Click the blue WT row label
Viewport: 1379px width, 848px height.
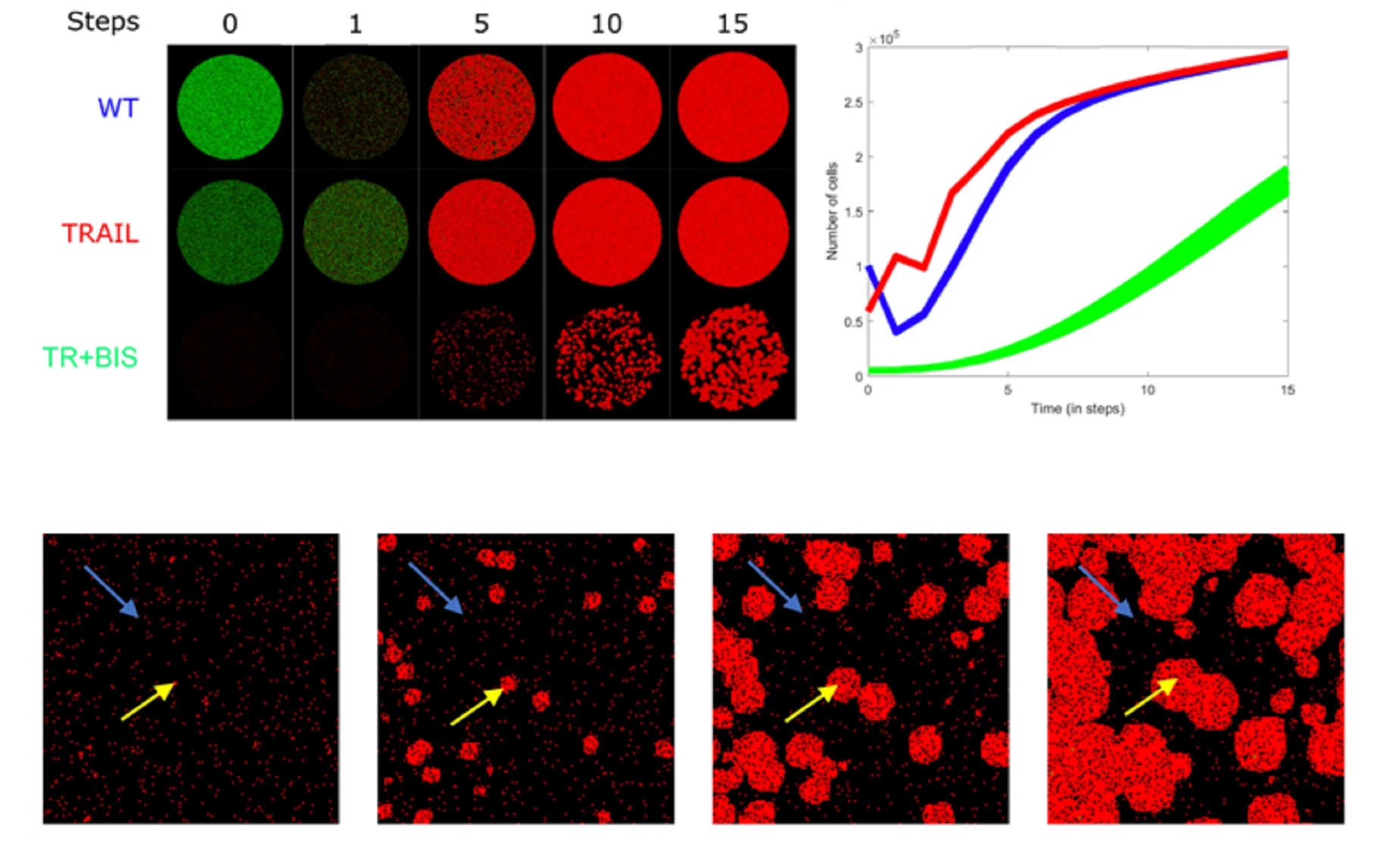tap(117, 108)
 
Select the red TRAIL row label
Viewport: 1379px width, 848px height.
tap(100, 233)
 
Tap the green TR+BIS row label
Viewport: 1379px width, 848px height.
tap(90, 357)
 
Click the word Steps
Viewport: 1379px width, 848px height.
tap(103, 22)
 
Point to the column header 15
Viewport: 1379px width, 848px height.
tap(732, 24)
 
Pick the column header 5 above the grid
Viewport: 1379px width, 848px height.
tap(481, 24)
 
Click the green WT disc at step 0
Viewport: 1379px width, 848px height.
tap(230, 107)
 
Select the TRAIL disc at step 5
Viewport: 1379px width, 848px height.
tap(481, 232)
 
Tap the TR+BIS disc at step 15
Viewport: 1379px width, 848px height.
tap(733, 357)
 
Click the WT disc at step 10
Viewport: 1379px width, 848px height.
tap(607, 107)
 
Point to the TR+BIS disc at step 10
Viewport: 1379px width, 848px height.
tap(607, 357)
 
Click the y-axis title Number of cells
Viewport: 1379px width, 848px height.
tap(832, 211)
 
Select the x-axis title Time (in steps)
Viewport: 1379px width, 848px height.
tap(1077, 408)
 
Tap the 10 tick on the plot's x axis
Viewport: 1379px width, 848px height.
tap(1147, 390)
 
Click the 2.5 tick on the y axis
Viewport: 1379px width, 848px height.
tap(853, 102)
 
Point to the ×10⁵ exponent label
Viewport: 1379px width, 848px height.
tap(884, 38)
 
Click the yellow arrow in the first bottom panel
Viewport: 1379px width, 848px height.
tap(149, 701)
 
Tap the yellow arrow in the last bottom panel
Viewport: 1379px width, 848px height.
tap(1151, 697)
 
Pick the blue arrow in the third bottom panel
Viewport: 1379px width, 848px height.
tap(775, 586)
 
